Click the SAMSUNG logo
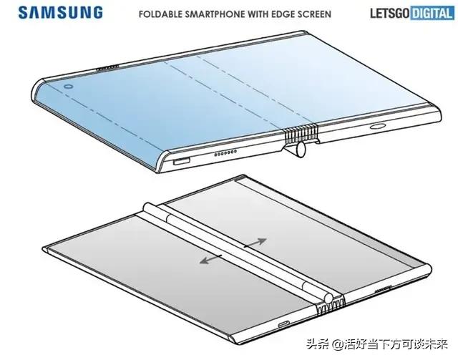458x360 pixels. tap(60, 13)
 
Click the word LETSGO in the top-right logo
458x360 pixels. tap(390, 13)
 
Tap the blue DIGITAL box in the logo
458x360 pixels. tap(432, 13)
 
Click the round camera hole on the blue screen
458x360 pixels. tap(69, 87)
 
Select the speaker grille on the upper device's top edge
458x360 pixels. tap(107, 68)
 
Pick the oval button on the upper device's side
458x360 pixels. tap(378, 126)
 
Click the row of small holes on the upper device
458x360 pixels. tap(225, 153)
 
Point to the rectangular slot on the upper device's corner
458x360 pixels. tap(181, 161)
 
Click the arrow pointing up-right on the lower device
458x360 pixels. tap(255, 243)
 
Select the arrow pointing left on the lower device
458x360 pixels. tap(210, 259)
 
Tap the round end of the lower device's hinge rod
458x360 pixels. tap(328, 298)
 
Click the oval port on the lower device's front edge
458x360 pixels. tap(283, 324)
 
